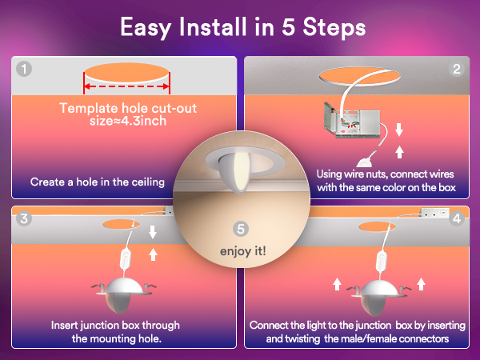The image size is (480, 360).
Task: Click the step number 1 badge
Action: coord(24,69)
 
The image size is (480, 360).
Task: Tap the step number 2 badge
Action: coord(457,69)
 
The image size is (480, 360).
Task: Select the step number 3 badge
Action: coord(24,218)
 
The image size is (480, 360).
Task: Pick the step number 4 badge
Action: coord(457,218)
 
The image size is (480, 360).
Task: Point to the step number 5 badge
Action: coord(241,229)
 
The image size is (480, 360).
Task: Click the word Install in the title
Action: coord(213,27)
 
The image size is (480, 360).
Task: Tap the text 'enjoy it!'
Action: coord(243,251)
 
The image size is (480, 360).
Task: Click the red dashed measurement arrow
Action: coord(126,86)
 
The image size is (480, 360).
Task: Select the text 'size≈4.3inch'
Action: coord(128,121)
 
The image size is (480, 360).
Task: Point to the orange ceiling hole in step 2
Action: coord(360,76)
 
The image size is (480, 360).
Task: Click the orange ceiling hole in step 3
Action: coord(122,224)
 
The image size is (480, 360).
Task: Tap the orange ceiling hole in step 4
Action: coord(377,226)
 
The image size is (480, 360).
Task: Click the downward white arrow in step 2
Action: coord(399,130)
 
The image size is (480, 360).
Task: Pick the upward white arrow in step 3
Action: coord(153,254)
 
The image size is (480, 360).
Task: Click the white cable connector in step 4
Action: coord(382,262)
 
